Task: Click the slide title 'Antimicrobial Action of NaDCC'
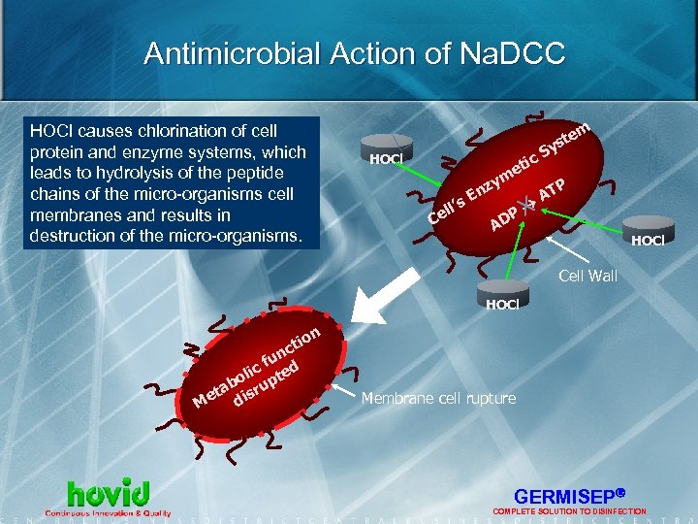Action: (354, 53)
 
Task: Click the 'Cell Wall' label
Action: (587, 277)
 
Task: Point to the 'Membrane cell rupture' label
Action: (438, 399)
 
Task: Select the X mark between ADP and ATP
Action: (527, 203)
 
